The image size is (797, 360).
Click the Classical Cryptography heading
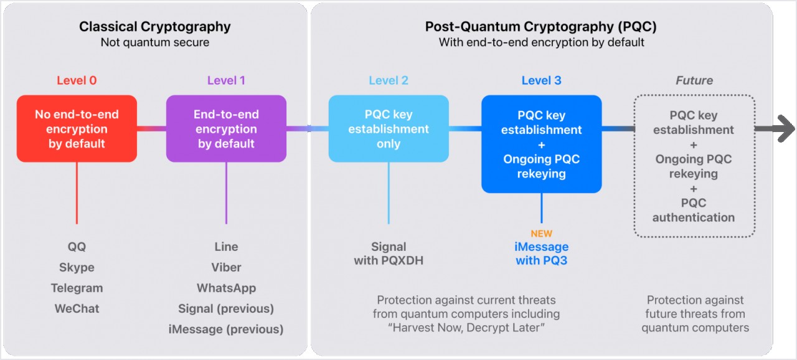[154, 27]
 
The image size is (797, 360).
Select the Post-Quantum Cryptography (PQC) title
[540, 27]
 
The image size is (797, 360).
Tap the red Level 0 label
[77, 80]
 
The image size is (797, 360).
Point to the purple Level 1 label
[226, 80]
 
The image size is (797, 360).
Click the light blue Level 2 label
[389, 80]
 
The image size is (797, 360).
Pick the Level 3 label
[541, 80]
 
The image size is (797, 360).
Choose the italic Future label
[694, 80]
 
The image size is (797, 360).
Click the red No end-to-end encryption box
[77, 129]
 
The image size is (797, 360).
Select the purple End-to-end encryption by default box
[226, 129]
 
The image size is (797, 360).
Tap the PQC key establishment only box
[389, 129]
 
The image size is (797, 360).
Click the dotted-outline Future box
[694, 166]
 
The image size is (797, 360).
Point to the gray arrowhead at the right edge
[786, 130]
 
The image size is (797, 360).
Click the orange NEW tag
[542, 234]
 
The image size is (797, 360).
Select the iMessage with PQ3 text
[542, 253]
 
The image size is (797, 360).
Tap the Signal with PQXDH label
[389, 253]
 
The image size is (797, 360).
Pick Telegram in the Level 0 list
[77, 288]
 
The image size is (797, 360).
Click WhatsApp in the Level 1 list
[226, 288]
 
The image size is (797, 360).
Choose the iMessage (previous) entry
[226, 329]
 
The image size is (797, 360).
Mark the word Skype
[77, 267]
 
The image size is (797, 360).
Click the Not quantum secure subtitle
[154, 42]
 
